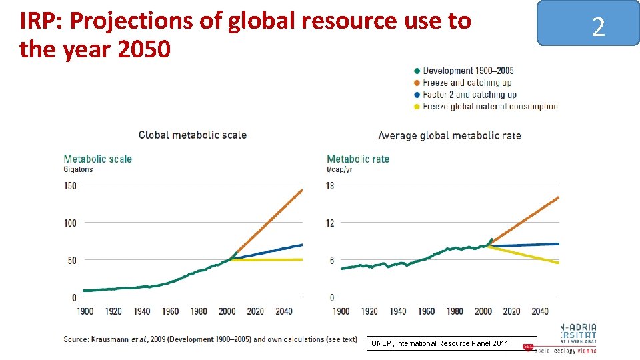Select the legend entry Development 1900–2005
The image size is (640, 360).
[467, 71]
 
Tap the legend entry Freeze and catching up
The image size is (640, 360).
[467, 83]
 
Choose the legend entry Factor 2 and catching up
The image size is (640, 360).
[469, 95]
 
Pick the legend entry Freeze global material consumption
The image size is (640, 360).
[489, 107]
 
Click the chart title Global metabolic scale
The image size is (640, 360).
[192, 135]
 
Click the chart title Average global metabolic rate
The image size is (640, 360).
[449, 136]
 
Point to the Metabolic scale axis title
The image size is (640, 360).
[97, 159]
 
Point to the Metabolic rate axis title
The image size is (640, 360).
[358, 159]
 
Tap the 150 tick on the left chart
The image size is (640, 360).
[70, 185]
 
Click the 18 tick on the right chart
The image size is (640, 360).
[329, 185]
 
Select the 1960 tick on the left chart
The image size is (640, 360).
[170, 311]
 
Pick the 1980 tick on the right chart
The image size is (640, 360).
[455, 311]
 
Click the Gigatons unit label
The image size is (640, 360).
[78, 169]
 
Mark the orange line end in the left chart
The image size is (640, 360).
[301, 191]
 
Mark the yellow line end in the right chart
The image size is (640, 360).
[557, 263]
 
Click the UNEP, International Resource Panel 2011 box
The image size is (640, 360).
[440, 343]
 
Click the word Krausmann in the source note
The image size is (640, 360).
[114, 339]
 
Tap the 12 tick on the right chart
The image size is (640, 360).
[329, 223]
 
